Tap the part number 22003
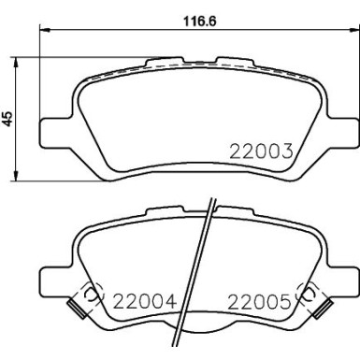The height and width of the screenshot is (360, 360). coord(264,151)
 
